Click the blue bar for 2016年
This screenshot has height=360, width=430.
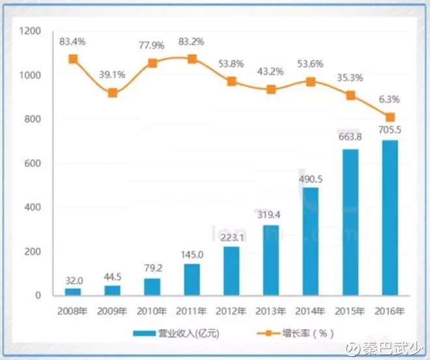click(390, 218)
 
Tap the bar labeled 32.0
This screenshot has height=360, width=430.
click(73, 292)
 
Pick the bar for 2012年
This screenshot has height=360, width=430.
click(231, 271)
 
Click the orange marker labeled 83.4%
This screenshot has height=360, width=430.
click(73, 59)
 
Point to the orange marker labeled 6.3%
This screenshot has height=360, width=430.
click(390, 117)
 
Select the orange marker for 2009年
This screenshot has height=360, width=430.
click(113, 93)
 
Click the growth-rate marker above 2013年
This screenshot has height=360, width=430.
click(271, 89)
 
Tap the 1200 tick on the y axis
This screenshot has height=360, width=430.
click(31, 31)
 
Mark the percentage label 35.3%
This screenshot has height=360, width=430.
click(350, 77)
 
